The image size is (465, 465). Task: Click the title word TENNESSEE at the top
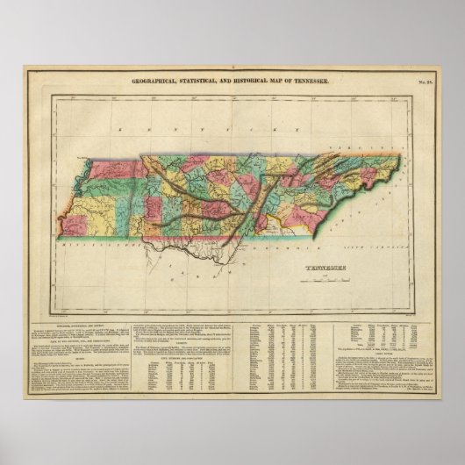click(312, 80)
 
